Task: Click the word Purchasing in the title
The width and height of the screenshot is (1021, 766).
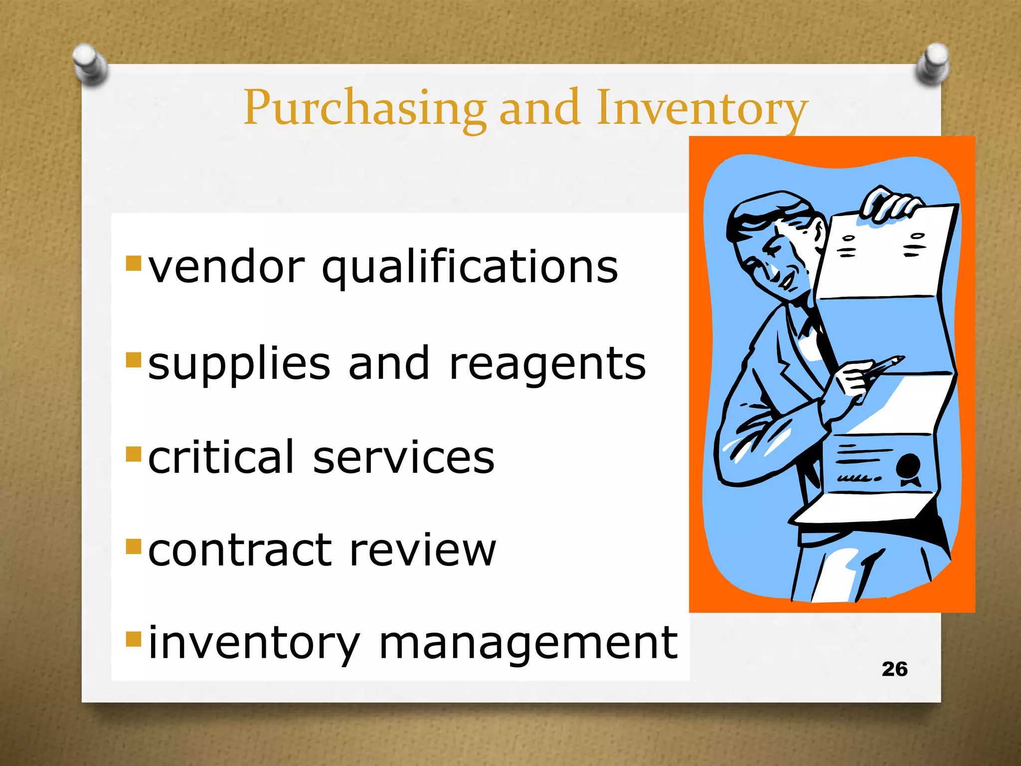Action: pyautogui.click(x=364, y=108)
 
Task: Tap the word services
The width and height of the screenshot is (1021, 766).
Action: pyautogui.click(x=404, y=458)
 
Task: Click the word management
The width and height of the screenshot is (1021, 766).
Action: pyautogui.click(x=528, y=643)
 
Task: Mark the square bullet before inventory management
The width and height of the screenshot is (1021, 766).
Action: pyautogui.click(x=134, y=639)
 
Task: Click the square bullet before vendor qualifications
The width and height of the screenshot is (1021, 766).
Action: pyautogui.click(x=134, y=263)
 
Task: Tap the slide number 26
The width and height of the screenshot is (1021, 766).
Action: pyautogui.click(x=894, y=669)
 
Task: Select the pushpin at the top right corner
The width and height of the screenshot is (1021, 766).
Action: pyautogui.click(x=932, y=63)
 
